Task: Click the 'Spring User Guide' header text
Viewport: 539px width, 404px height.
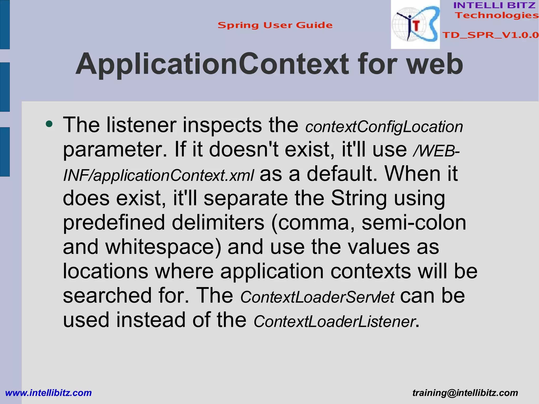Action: point(275,25)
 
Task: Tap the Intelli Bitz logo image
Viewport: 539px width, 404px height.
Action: point(415,24)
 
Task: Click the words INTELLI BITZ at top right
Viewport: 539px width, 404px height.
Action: point(494,5)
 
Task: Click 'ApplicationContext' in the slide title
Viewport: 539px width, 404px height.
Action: point(212,64)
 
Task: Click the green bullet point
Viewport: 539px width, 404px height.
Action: point(49,124)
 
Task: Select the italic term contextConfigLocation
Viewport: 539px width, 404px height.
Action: point(384,127)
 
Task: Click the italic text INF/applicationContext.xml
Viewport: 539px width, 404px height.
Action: point(158,176)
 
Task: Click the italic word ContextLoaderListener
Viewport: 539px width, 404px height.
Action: point(334,322)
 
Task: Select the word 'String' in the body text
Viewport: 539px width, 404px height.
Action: point(359,198)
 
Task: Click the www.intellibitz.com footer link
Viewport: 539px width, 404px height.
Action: point(48,393)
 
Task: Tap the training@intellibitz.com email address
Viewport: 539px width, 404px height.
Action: point(465,393)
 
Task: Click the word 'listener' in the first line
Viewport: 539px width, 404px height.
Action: point(141,125)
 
